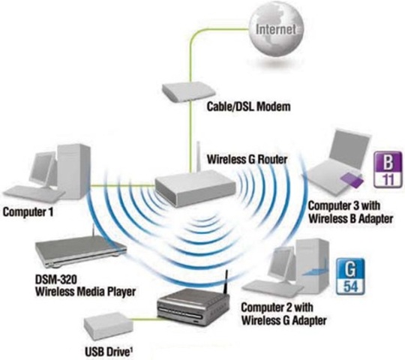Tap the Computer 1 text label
click(29, 211)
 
